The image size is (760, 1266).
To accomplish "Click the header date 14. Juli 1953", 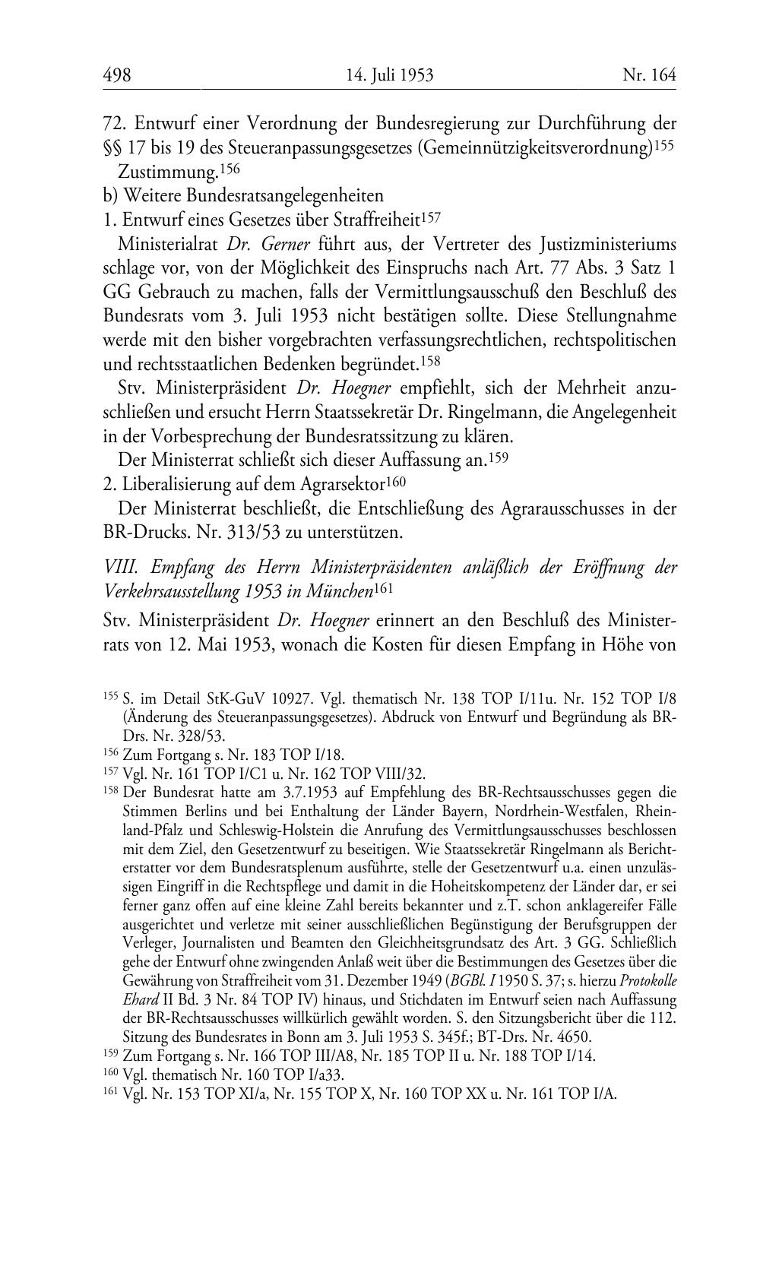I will coord(389,74).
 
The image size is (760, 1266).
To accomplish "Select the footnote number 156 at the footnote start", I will coord(111,754).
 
